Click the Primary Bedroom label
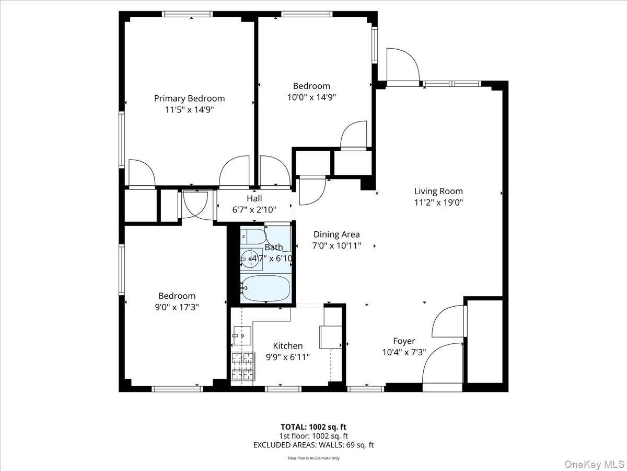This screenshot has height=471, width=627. [189, 98]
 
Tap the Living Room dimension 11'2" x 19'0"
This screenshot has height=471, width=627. [438, 203]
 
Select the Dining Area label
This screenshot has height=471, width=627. [336, 234]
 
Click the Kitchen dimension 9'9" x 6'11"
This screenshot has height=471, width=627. [288, 357]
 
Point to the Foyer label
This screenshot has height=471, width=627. [404, 341]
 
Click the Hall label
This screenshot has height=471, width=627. [254, 198]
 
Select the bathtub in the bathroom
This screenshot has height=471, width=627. [265, 288]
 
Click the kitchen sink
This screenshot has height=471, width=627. [242, 334]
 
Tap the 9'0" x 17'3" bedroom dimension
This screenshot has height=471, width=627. [177, 308]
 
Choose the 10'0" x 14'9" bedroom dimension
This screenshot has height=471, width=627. [311, 97]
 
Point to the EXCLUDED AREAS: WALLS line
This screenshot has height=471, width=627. [313, 445]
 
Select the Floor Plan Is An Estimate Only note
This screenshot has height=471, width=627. [313, 458]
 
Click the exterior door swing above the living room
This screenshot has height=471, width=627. [403, 65]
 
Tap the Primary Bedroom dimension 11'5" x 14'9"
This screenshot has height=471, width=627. [189, 110]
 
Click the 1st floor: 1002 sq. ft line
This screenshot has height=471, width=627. [313, 435]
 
